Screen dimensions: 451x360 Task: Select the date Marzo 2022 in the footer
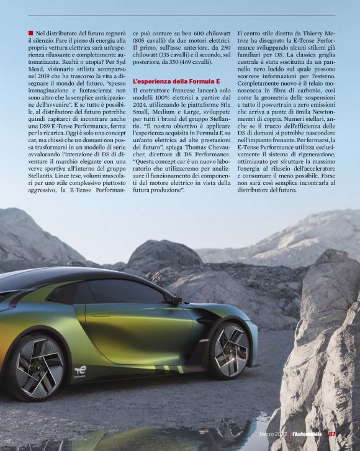(272, 434)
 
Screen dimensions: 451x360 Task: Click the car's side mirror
(178, 300)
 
